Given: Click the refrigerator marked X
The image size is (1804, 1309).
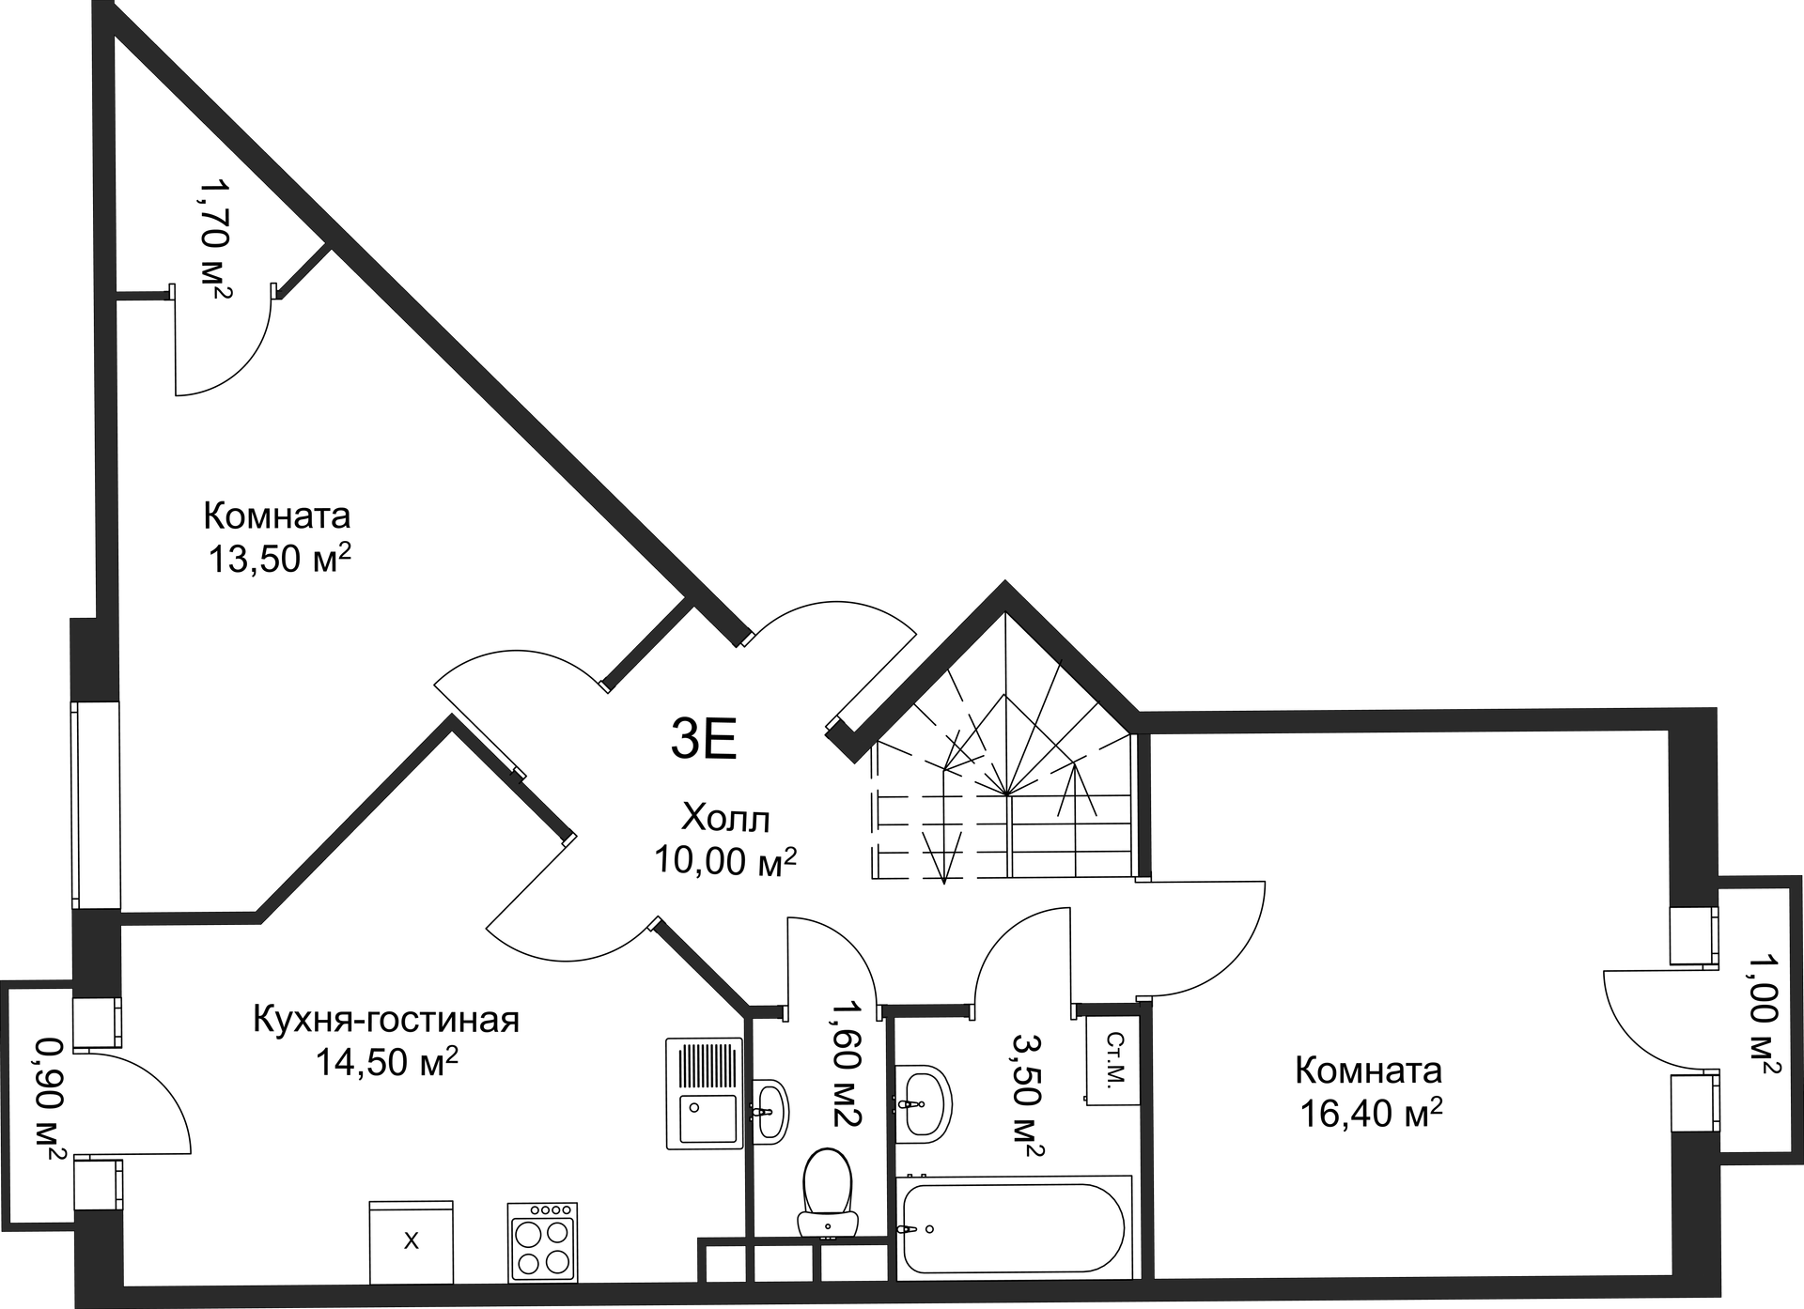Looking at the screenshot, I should click(x=411, y=1241).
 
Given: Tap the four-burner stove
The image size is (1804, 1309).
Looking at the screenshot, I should click(x=542, y=1242).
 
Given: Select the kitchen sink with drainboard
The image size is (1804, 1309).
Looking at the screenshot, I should click(x=704, y=1093).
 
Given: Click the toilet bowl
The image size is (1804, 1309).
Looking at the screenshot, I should click(x=827, y=1181).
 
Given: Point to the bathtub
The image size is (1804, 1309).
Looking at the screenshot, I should click(x=1013, y=1227).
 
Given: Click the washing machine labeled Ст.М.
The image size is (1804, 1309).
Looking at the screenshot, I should click(x=1113, y=1059).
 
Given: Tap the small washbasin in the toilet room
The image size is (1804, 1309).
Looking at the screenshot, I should click(x=770, y=1111).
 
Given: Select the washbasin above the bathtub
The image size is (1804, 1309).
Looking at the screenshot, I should click(x=923, y=1103).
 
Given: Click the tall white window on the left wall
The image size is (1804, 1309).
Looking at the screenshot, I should click(x=96, y=805).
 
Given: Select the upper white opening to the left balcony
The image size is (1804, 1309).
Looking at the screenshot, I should click(x=97, y=1022).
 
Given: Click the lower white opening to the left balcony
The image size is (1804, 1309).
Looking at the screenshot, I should click(x=98, y=1185).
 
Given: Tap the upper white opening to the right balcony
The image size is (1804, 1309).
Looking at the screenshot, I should click(x=1693, y=935).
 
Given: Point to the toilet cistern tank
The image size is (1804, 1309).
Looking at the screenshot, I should click(x=828, y=1224).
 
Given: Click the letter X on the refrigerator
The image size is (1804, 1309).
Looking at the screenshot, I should click(x=411, y=1241).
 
